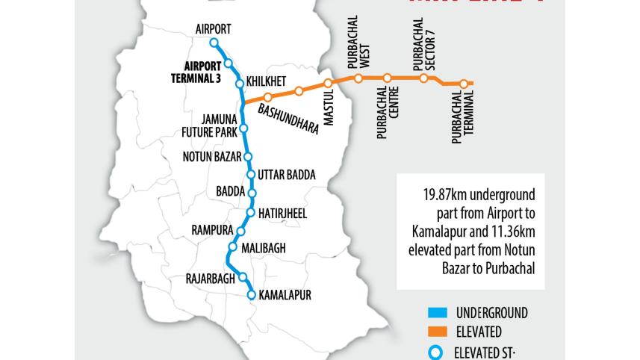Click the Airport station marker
(x=213, y=43)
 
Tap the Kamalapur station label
(x=285, y=295)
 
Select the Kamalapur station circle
(x=252, y=295)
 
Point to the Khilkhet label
(x=267, y=80)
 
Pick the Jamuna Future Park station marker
(x=243, y=129)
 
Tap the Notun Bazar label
(x=212, y=157)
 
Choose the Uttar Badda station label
(x=287, y=175)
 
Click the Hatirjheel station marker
(x=252, y=212)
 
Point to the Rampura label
(x=212, y=229)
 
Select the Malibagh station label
(x=266, y=247)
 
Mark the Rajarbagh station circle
(x=243, y=276)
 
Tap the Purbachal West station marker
(x=358, y=78)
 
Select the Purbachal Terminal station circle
(x=464, y=84)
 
